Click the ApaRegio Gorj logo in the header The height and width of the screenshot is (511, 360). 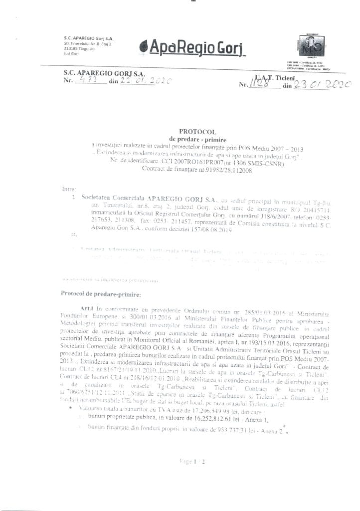tap(191, 49)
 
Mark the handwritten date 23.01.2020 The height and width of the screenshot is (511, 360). tap(323, 85)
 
